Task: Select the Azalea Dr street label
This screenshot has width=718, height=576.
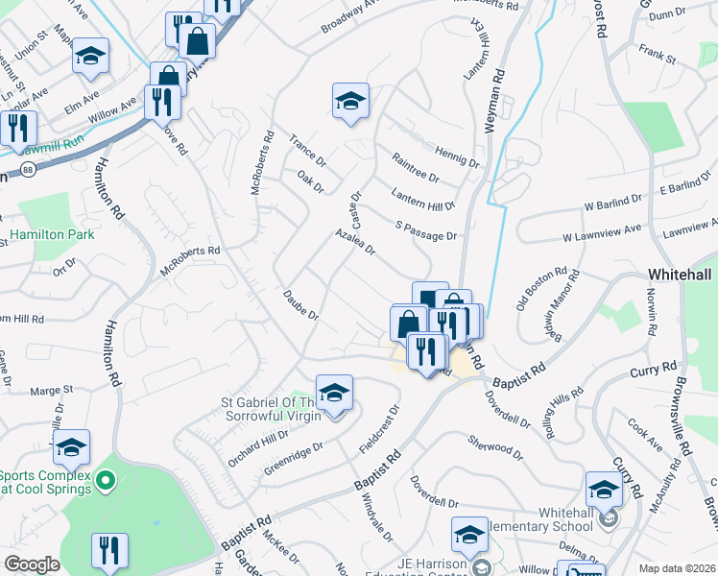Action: [354, 242]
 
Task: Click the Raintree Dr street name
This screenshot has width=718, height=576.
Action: [415, 166]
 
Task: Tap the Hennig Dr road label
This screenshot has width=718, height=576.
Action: [456, 154]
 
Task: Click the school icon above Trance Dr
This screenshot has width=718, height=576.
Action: [350, 100]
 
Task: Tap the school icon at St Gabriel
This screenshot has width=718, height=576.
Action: [334, 393]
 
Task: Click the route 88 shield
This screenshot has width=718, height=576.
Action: [28, 170]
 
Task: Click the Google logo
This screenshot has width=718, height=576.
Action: [32, 564]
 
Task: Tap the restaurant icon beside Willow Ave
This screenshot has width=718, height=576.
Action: [162, 102]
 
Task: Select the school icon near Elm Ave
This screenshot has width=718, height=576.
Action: [91, 57]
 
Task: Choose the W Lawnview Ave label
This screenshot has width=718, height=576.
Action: [601, 233]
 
